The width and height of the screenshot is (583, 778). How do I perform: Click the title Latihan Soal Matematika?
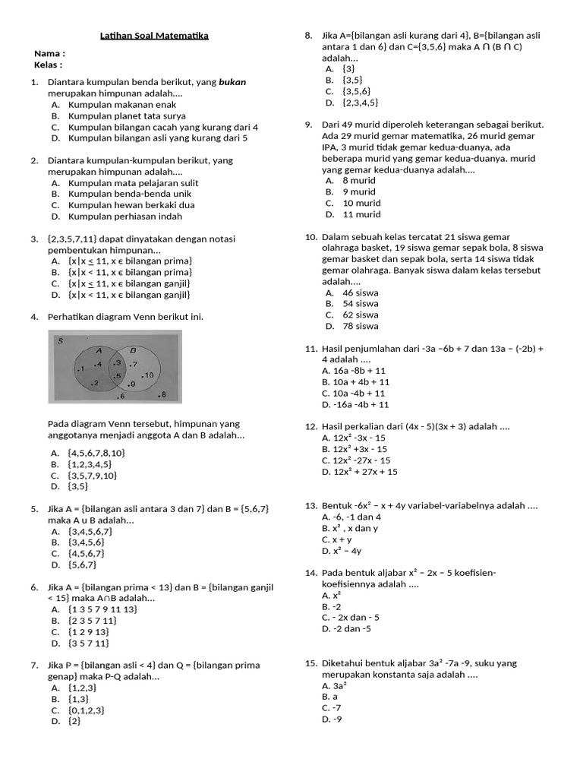155,36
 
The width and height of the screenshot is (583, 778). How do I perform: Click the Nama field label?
49,54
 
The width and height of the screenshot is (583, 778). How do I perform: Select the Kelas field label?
48,65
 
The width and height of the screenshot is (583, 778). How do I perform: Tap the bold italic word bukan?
232,82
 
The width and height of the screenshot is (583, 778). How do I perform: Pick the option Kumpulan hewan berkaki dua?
121,205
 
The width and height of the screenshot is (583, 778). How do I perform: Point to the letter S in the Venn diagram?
60,340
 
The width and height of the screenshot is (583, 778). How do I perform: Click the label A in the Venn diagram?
99,350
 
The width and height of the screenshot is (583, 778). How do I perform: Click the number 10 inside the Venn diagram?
148,375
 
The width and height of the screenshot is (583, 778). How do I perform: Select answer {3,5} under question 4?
78,486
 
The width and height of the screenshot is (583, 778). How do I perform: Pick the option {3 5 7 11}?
88,643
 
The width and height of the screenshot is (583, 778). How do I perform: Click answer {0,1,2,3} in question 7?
87,710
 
